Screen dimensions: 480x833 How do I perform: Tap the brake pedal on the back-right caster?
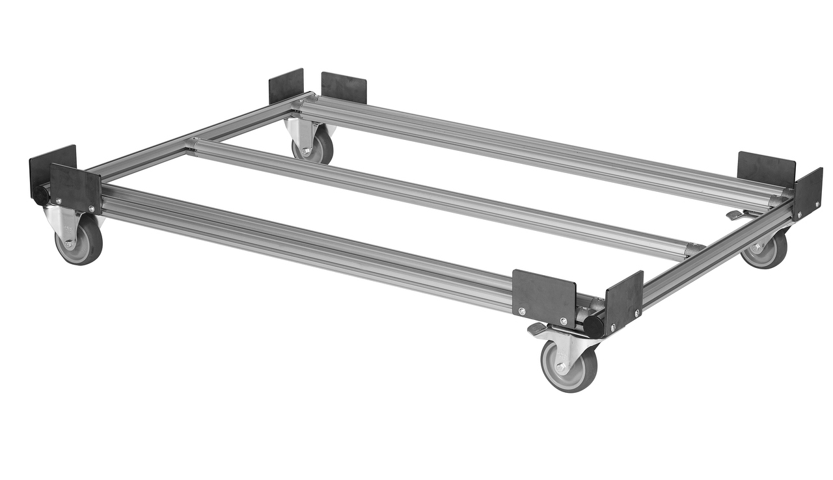point(735,215)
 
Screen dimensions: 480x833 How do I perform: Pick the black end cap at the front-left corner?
point(41,194)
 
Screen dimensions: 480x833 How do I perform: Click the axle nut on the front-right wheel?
point(561,367)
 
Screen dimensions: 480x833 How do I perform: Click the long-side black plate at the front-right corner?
point(544,297)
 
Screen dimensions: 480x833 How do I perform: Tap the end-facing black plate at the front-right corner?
point(624,302)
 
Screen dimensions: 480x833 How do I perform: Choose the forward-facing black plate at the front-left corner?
point(76,188)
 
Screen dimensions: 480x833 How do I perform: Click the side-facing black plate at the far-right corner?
point(807,193)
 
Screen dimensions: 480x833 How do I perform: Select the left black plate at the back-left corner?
point(286,86)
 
